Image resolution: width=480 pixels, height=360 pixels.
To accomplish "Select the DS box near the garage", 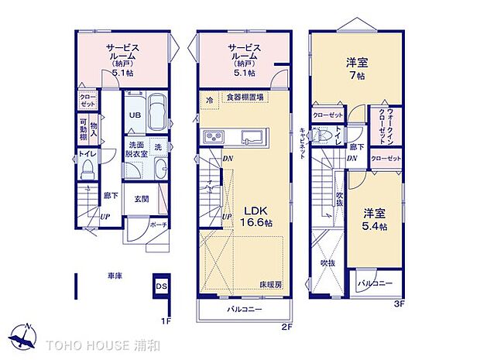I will coord(162,286).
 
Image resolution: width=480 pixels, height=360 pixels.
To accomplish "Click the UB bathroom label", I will coord(134,115).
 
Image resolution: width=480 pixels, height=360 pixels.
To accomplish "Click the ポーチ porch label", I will coord(158,225).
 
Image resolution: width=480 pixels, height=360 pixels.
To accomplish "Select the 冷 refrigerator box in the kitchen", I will coord(209,99).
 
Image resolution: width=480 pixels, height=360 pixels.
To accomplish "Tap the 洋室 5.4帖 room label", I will coord(375,219).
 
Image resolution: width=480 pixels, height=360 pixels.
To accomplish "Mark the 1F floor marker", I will coord(165,318).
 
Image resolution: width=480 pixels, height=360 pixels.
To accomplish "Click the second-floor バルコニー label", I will coord(245,310).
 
